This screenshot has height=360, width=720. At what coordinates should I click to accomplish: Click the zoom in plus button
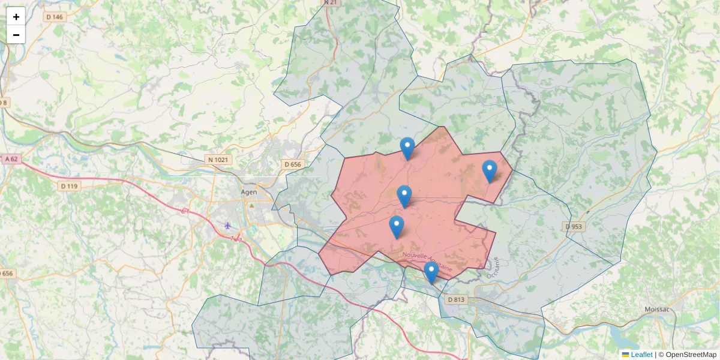click(16, 17)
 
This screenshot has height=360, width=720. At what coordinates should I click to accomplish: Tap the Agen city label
click(248, 192)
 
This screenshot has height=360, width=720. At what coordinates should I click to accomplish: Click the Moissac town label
click(658, 310)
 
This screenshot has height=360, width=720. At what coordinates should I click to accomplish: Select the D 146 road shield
click(54, 17)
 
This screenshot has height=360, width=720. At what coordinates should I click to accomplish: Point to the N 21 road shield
click(330, 2)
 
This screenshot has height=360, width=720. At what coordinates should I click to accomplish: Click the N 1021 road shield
click(218, 160)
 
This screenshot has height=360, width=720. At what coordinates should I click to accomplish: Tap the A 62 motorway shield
click(11, 159)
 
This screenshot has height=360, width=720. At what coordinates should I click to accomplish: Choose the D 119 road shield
click(69, 186)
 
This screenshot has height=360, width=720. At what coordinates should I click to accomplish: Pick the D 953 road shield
click(574, 227)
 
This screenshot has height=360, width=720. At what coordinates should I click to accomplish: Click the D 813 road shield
click(456, 299)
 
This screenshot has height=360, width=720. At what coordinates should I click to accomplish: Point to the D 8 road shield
click(4, 103)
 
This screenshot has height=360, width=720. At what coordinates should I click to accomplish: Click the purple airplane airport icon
click(227, 226)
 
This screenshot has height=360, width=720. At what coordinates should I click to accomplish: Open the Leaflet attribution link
click(641, 355)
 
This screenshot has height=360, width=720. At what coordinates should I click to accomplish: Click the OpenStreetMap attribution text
click(691, 355)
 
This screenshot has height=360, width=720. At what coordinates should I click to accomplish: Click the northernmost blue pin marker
click(407, 148)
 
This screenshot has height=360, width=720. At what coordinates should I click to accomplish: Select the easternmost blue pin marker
click(490, 170)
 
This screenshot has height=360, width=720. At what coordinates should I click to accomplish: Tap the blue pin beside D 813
click(431, 272)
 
